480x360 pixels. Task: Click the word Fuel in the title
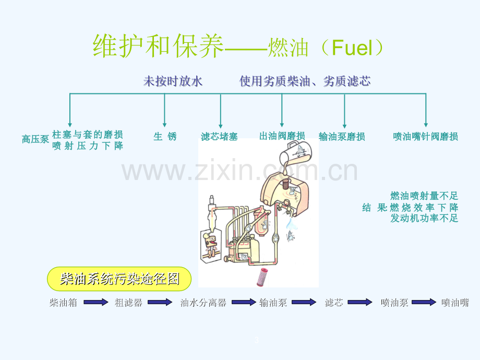coord(353,49)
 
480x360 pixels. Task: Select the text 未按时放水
coord(173,81)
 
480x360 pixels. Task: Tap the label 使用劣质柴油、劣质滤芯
coord(305,81)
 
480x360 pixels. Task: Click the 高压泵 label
coord(35,139)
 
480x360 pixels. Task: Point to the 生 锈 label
coord(165,137)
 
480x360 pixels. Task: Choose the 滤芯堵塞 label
coord(219,137)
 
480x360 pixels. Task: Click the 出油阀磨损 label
coord(282,136)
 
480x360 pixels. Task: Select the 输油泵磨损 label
coord(342,137)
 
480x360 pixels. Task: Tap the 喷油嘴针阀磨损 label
coord(426,137)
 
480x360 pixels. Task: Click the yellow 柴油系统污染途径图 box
coord(119,279)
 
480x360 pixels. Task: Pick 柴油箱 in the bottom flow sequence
coord(63,303)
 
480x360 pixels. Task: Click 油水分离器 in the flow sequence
coord(203,303)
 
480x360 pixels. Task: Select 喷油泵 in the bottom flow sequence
coord(394,303)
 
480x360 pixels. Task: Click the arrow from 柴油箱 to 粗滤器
coord(95,302)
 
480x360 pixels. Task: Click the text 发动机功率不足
coord(424,219)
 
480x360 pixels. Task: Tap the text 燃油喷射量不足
coord(424,196)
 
